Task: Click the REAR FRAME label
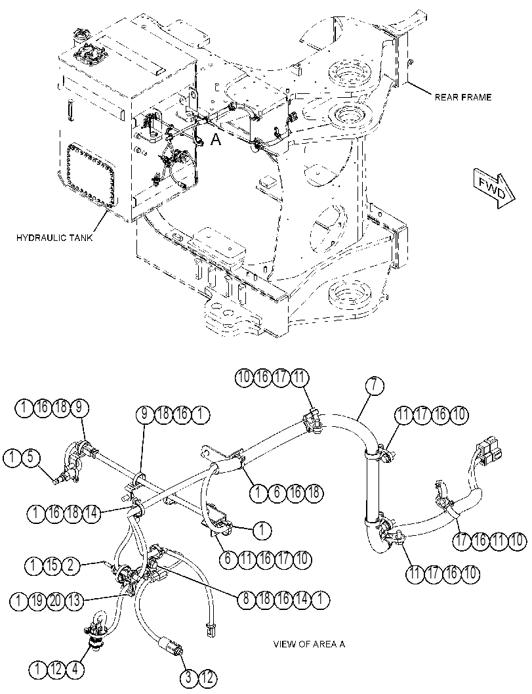tap(462, 97)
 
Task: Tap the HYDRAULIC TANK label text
tap(55, 238)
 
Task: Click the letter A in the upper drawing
tap(215, 140)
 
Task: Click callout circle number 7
tap(375, 385)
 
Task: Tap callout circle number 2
tap(72, 565)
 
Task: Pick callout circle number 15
tap(52, 565)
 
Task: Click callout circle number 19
tap(37, 601)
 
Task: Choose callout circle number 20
tap(56, 601)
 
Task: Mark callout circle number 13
tap(75, 601)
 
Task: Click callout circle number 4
tap(75, 669)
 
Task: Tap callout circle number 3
tap(189, 678)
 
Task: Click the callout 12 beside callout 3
tap(208, 678)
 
